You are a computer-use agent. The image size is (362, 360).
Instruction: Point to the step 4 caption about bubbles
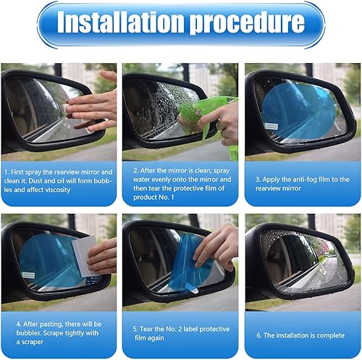point(59,331)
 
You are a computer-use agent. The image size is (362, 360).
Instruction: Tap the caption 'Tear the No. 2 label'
point(180,331)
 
